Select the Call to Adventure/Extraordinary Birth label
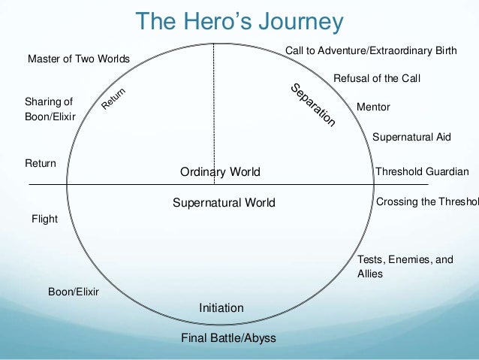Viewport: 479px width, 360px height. click(x=369, y=50)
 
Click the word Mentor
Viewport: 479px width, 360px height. click(x=373, y=107)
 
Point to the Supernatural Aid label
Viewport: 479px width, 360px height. click(x=411, y=137)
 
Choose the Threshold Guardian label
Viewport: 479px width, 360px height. click(x=422, y=171)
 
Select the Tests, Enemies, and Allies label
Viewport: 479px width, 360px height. click(x=405, y=266)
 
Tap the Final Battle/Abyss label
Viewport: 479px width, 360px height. click(x=228, y=337)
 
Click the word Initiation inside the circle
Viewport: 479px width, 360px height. click(x=221, y=307)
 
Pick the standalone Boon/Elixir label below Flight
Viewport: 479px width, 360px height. click(x=74, y=291)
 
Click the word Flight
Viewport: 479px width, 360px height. click(x=44, y=219)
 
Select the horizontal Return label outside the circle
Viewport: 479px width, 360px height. click(x=41, y=162)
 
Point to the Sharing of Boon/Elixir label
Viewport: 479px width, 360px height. click(x=50, y=108)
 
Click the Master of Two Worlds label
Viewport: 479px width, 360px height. click(x=79, y=59)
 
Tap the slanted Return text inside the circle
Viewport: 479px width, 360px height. click(x=113, y=100)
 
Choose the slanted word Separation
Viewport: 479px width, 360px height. click(x=312, y=105)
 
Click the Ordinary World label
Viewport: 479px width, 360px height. click(x=220, y=172)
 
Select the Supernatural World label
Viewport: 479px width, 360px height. click(x=224, y=202)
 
